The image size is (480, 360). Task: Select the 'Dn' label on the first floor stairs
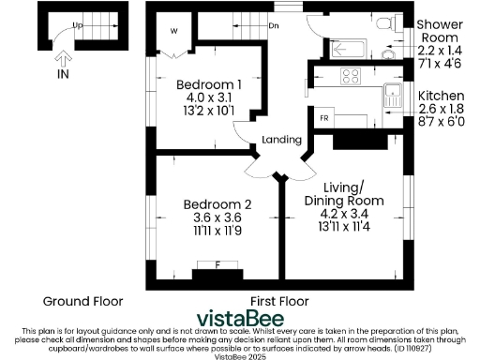274,25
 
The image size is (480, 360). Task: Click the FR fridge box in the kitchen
324,118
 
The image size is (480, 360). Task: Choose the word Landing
281,140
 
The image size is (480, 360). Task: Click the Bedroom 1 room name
209,85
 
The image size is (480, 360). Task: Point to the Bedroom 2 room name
217,204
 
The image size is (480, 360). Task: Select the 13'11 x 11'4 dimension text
343,225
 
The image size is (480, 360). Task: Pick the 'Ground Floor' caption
80,301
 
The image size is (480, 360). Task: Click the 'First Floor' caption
279,301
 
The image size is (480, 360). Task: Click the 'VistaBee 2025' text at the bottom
241,355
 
